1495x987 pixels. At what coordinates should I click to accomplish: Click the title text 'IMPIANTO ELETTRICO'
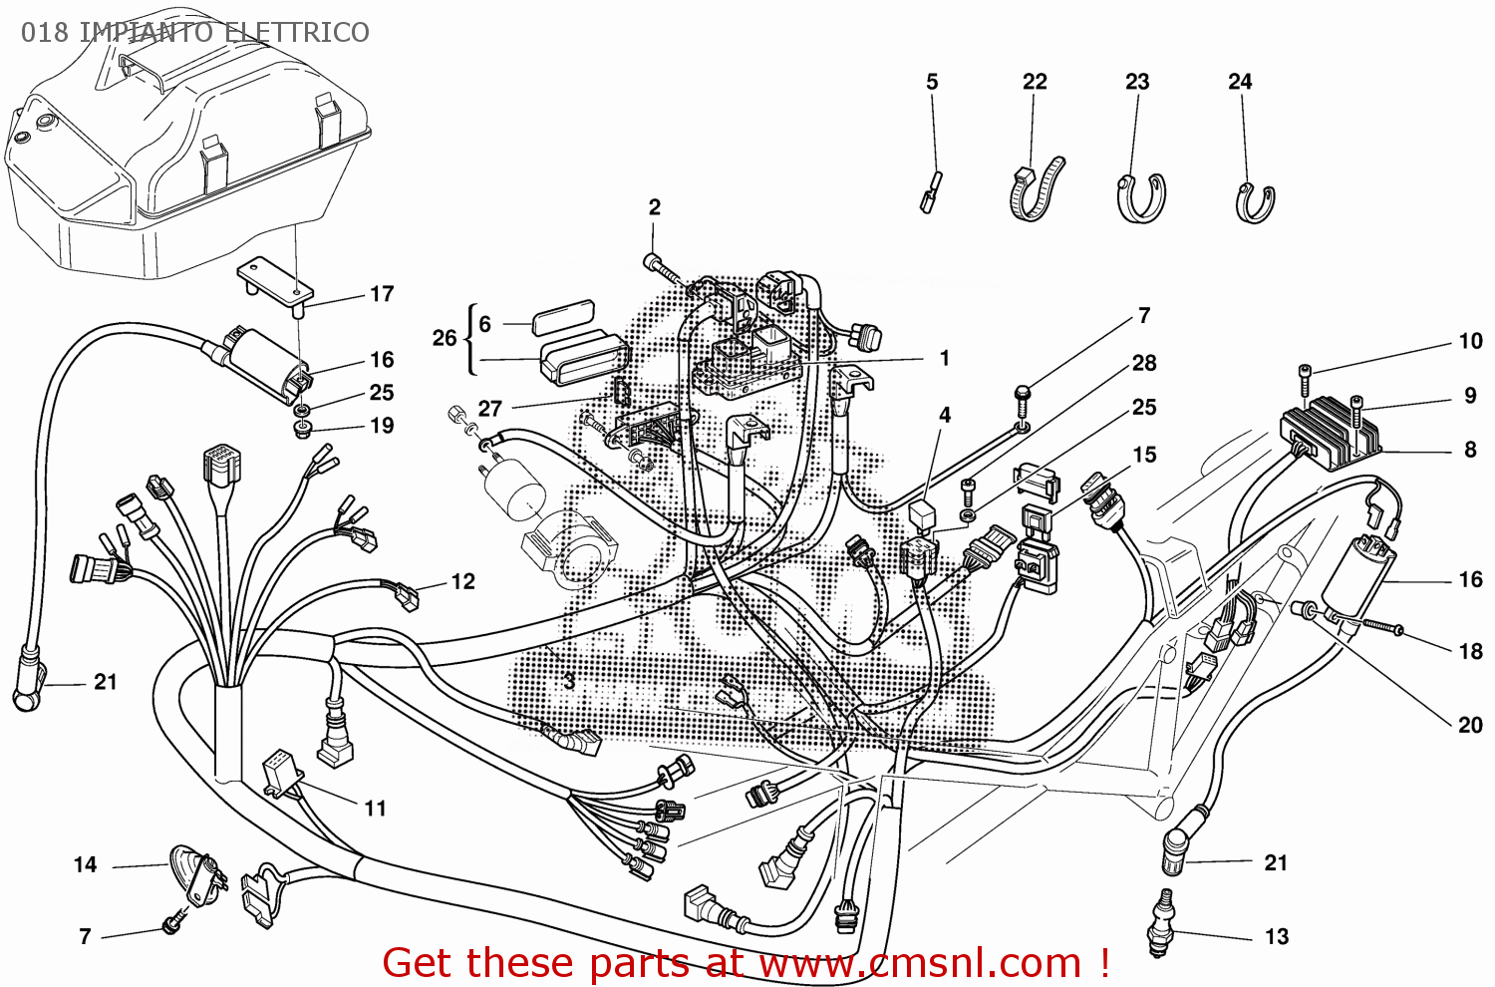coord(223,32)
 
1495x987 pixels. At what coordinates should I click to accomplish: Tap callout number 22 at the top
coord(1035,82)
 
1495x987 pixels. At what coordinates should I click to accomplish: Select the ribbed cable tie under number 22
coord(1036,189)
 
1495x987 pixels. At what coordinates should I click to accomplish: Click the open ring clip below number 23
coord(1141,196)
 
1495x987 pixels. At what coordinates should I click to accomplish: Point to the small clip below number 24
coord(1254,203)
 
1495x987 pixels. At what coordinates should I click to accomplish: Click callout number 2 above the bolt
coord(654,207)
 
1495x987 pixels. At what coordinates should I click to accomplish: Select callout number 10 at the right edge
coord(1470,341)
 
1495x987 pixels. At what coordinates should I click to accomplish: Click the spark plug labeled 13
coord(1159,922)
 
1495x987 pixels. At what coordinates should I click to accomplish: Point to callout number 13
coord(1276,937)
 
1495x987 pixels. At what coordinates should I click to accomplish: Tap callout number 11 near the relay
coord(375,809)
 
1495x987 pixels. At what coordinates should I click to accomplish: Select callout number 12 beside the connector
coord(462,581)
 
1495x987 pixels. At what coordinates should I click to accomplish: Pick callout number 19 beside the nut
coord(382,426)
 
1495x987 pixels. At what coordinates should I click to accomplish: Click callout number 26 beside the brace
coord(444,338)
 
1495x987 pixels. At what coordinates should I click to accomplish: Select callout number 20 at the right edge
coord(1470,725)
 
